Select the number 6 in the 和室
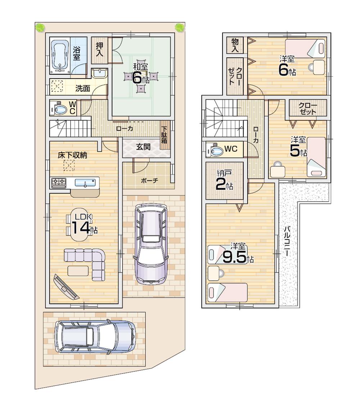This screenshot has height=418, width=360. [x=137, y=77]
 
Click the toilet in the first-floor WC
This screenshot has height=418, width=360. [x=59, y=109]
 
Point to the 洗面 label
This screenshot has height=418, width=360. [x=82, y=88]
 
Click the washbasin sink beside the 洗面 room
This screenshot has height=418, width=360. [x=99, y=74]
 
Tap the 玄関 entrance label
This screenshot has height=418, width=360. [x=143, y=147]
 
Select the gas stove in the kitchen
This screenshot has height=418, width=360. [x=59, y=183]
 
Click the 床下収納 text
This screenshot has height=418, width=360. [x=72, y=155]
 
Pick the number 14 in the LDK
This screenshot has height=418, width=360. [x=80, y=228]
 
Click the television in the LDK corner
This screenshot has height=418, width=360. [x=66, y=287]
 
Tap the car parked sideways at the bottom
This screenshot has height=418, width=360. [x=95, y=336]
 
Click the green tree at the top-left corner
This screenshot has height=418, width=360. [x=40, y=27]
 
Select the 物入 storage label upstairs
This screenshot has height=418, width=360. [x=235, y=45]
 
